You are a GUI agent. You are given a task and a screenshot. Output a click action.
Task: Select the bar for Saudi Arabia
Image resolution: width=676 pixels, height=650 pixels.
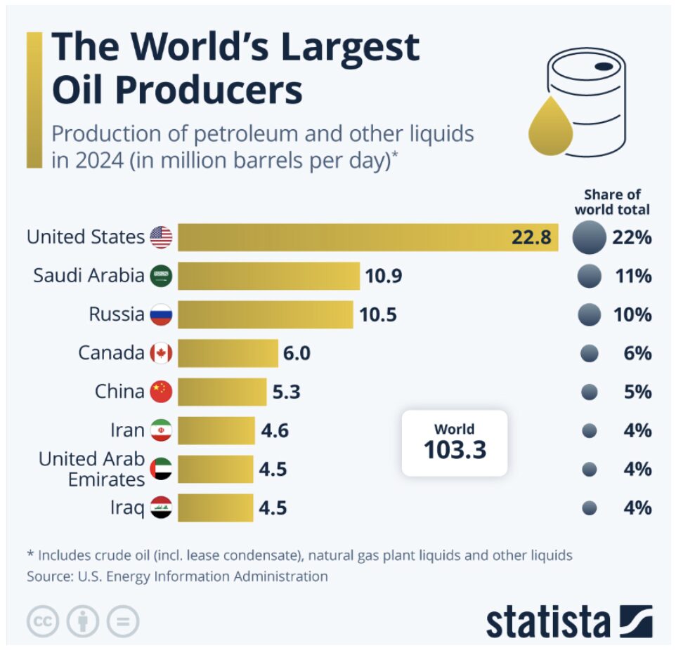pyautogui.click(x=268, y=276)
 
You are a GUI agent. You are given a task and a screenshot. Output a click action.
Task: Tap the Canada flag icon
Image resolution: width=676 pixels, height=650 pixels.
pyautogui.click(x=161, y=353)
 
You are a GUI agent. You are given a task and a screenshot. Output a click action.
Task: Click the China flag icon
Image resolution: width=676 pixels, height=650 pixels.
pyautogui.click(x=161, y=392)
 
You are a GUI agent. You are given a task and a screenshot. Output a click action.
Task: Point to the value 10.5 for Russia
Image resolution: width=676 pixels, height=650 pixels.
pyautogui.click(x=378, y=314)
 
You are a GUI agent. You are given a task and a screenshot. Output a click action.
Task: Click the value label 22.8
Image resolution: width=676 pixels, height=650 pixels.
pyautogui.click(x=531, y=237)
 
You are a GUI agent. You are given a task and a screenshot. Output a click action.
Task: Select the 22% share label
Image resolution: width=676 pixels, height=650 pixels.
pyautogui.click(x=632, y=237)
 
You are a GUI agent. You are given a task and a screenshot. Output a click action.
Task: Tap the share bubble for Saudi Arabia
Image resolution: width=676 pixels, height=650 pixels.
pyautogui.click(x=589, y=276)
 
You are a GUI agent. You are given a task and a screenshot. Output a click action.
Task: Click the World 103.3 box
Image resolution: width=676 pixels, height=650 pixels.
pyautogui.click(x=454, y=443)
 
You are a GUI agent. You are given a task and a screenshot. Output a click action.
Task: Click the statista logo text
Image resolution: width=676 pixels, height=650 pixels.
pyautogui.click(x=548, y=621)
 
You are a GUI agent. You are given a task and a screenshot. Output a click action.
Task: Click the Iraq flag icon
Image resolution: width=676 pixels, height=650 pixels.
pyautogui.click(x=161, y=507)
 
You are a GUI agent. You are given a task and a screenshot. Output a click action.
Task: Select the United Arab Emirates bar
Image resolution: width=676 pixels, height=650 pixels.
pyautogui.click(x=215, y=468)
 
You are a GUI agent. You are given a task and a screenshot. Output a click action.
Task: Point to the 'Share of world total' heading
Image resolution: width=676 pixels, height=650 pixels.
pyautogui.click(x=612, y=202)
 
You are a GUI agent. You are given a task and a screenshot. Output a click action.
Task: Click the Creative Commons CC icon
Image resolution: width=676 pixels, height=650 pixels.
pyautogui.click(x=43, y=621)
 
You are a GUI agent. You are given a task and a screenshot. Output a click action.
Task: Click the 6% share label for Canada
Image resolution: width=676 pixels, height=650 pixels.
pyautogui.click(x=637, y=353)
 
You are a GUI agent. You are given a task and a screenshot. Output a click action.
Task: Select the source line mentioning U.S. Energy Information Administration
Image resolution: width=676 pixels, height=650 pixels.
pyautogui.click(x=177, y=576)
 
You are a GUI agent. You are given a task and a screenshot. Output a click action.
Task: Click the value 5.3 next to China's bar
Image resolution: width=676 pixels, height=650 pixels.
pyautogui.click(x=286, y=392)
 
